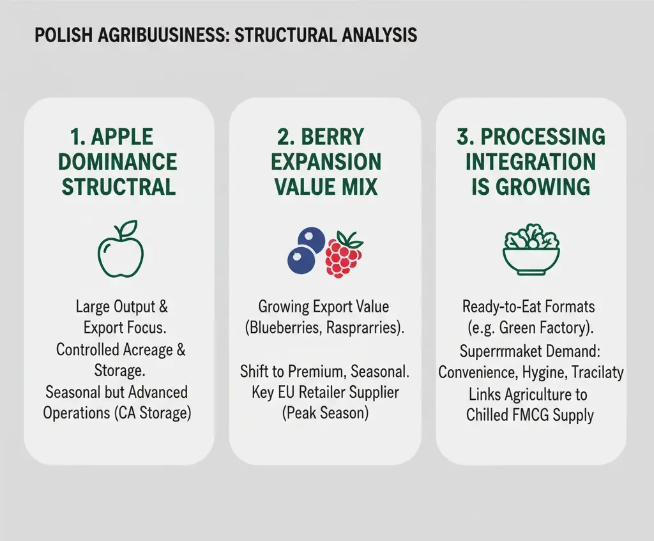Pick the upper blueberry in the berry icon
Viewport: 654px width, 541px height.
pyautogui.click(x=312, y=241)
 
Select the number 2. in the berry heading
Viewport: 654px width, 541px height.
pyautogui.click(x=285, y=137)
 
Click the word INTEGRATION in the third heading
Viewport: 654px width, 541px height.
pyautogui.click(x=530, y=162)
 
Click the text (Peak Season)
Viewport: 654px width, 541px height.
pyautogui.click(x=325, y=413)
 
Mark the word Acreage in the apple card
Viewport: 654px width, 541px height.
pyautogui.click(x=151, y=349)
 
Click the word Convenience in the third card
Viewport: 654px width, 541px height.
pyautogui.click(x=476, y=372)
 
